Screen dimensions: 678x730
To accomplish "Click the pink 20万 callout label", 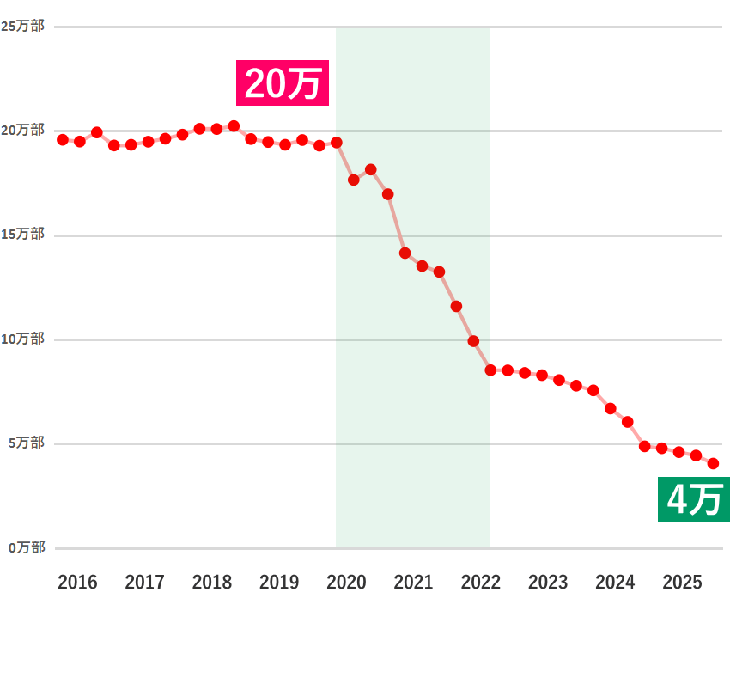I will [283, 83].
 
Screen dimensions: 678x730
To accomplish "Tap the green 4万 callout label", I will [693, 499].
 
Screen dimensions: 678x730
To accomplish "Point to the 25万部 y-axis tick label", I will [22, 27].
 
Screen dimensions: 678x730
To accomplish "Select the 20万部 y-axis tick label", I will [22, 131].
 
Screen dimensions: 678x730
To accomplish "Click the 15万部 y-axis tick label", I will [22, 235].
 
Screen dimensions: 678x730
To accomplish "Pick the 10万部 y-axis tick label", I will [22, 339].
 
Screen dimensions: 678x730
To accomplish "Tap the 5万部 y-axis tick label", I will [26, 443].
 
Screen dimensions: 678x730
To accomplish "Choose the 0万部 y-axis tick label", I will [26, 547].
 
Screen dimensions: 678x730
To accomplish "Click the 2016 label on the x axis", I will [77, 583].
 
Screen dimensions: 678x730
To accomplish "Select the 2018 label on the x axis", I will [212, 583].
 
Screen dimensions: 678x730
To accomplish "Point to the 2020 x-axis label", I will [346, 583].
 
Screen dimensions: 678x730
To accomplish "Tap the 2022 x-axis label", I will [481, 583].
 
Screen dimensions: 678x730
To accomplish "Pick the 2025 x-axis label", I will [683, 583].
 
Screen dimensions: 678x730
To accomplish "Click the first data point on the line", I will [63, 139].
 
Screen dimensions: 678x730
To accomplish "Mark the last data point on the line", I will [713, 464].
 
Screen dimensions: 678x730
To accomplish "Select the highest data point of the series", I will [234, 126].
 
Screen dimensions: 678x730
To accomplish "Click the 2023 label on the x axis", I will [548, 583].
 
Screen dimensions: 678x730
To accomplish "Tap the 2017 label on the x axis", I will [144, 583].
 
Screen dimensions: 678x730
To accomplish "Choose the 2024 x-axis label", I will [615, 583].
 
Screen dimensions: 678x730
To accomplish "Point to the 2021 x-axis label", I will [413, 583].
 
